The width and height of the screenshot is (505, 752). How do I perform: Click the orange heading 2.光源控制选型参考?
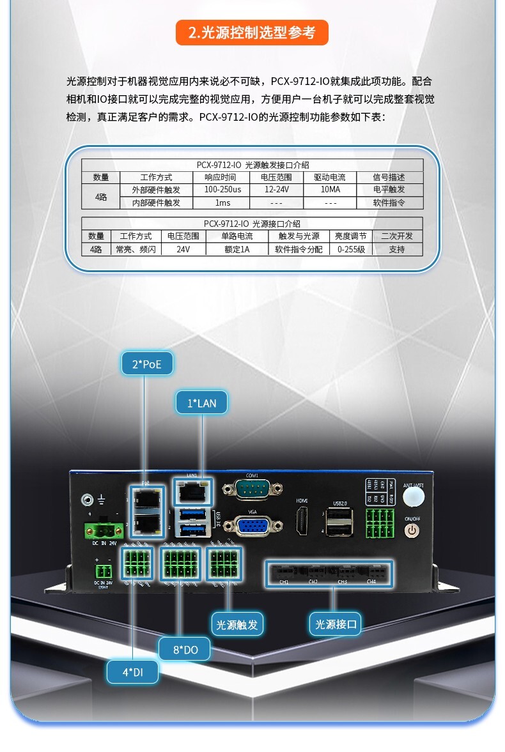point(252,33)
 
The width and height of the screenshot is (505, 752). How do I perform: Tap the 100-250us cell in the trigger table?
point(222,190)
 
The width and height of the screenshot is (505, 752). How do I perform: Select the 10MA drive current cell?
point(330,190)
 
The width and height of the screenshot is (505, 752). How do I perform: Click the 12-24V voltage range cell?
point(276,190)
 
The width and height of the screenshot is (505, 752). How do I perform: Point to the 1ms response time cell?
point(222,203)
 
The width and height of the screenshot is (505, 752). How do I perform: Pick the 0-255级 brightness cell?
point(350,249)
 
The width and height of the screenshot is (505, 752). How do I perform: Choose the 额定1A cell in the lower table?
point(237,249)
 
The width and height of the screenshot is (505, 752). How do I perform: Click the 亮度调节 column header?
point(350,236)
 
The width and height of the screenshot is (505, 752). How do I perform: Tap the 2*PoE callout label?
point(147,365)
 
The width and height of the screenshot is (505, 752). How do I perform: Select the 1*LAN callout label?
point(201,403)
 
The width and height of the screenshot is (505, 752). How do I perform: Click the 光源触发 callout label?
point(237,624)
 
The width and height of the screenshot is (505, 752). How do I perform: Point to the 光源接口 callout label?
point(336,624)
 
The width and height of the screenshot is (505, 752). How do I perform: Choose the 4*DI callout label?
point(132,671)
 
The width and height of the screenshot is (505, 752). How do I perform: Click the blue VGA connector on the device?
point(252,526)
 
